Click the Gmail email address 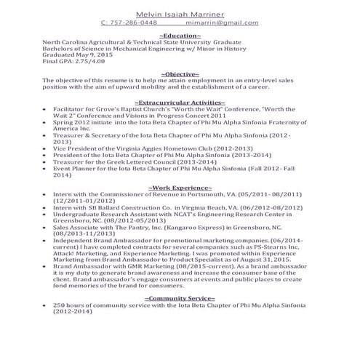(x=221, y=23)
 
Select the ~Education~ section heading (x=179, y=34)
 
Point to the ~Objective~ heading (x=179, y=74)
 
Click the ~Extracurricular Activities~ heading (x=180, y=103)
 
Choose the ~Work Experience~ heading (x=180, y=188)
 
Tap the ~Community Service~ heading (x=180, y=298)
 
